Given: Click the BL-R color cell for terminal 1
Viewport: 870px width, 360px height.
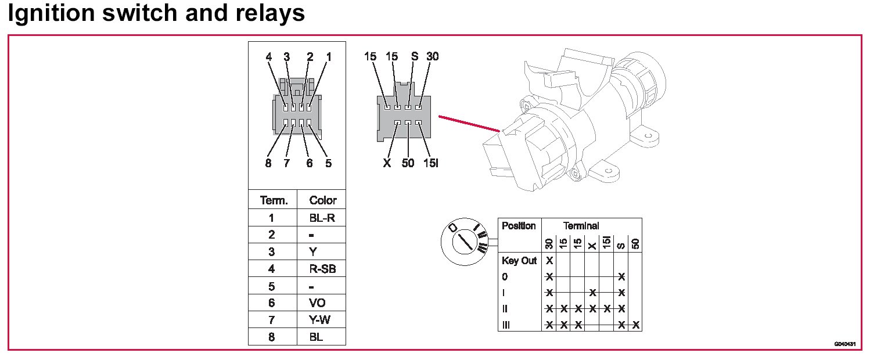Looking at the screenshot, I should tap(322, 218).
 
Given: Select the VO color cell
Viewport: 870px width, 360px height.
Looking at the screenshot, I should tap(318, 303).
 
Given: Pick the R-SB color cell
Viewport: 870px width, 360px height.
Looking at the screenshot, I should tap(322, 269).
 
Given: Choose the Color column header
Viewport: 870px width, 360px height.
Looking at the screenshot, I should tap(322, 200).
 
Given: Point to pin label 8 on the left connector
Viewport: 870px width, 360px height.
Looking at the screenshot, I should tap(268, 163).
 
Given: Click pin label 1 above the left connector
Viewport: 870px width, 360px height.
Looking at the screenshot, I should tap(329, 57).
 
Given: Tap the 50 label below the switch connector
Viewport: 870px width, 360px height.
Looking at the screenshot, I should tap(408, 163).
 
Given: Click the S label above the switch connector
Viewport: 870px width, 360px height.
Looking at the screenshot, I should tap(414, 56).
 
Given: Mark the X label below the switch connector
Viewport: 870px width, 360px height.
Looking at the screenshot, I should tap(387, 163).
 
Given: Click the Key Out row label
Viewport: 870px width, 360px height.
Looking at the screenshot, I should tap(519, 261).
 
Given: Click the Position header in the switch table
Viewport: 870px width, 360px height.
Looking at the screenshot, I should tap(519, 226).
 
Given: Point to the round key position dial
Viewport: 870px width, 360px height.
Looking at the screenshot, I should tap(463, 239).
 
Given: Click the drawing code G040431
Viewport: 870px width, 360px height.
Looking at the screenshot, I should tap(844, 344).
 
